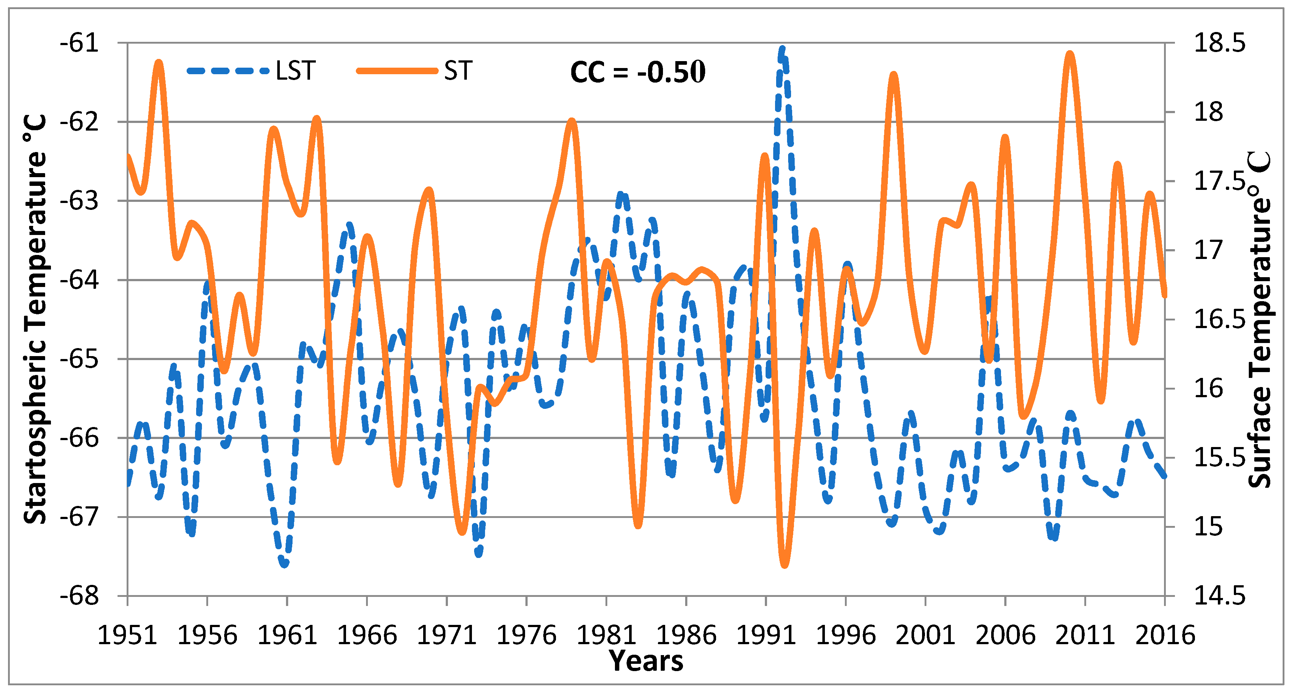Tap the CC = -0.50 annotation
pyautogui.click(x=637, y=72)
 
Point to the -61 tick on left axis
pyautogui.click(x=80, y=43)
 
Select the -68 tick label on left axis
pyautogui.click(x=80, y=596)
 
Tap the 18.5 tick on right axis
pyautogui.click(x=1219, y=43)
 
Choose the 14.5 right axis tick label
pyautogui.click(x=1219, y=596)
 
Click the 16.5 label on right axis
pyautogui.click(x=1219, y=320)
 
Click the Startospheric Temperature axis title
pyautogui.click(x=35, y=319)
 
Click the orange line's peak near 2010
pyautogui.click(x=1069, y=53)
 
